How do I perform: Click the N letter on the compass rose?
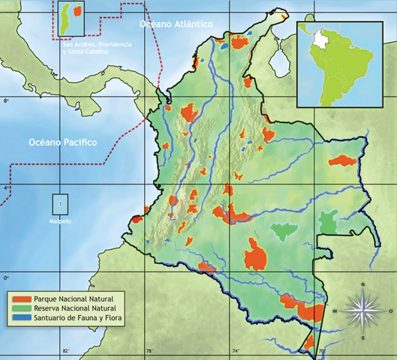[x=362, y=284]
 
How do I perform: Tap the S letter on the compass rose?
[x=362, y=337]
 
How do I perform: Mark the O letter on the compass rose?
[x=390, y=310]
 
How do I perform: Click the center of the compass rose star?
[x=362, y=310]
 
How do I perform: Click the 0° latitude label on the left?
[x=6, y=278]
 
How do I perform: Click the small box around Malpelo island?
[x=60, y=203]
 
